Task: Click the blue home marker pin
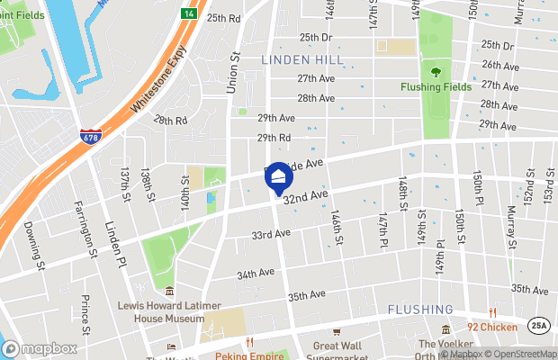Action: (x=279, y=177)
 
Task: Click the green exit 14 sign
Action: (x=188, y=13)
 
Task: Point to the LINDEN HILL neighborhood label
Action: (x=297, y=58)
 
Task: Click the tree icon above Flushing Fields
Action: (x=436, y=72)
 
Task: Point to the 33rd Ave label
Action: (x=270, y=234)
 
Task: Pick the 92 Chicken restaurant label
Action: (x=491, y=328)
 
